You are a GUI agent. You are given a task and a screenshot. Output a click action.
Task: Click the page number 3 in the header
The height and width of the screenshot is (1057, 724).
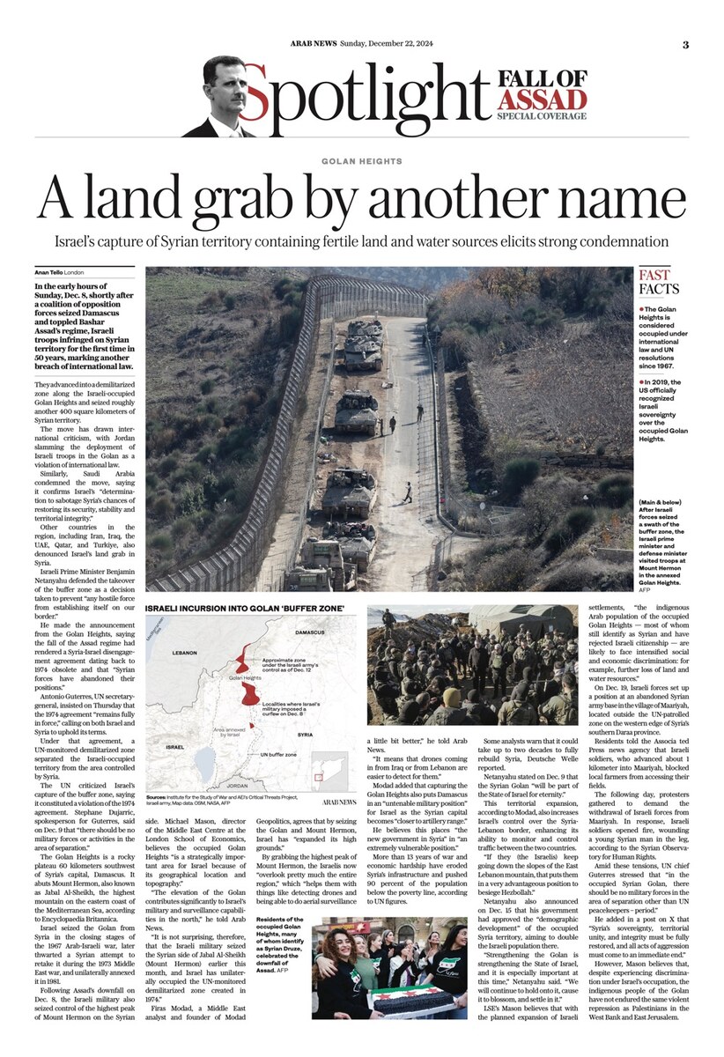[x=685, y=45]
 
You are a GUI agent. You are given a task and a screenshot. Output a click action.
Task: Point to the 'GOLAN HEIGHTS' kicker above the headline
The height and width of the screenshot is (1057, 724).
[x=361, y=161]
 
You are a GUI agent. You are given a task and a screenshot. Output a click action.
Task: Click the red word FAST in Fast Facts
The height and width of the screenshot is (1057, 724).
[x=654, y=276]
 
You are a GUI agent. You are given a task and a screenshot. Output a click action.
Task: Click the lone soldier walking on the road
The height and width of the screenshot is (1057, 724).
[x=407, y=492]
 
